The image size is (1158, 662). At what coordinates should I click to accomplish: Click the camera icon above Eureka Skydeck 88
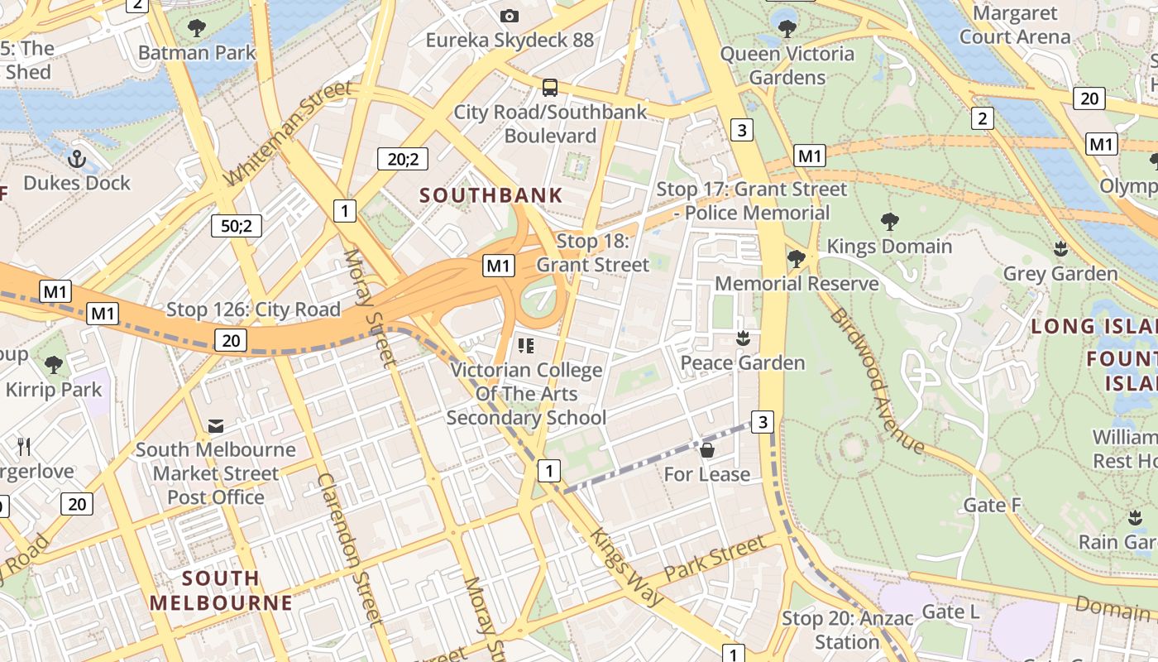pyautogui.click(x=510, y=16)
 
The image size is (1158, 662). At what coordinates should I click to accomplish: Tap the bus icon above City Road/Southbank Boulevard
pyautogui.click(x=549, y=87)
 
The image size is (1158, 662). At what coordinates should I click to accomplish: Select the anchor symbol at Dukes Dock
pyautogui.click(x=77, y=158)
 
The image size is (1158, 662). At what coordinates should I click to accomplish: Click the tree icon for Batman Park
pyautogui.click(x=197, y=28)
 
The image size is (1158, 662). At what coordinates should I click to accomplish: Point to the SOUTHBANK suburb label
pyautogui.click(x=491, y=196)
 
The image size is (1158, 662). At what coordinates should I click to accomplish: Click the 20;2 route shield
pyautogui.click(x=402, y=158)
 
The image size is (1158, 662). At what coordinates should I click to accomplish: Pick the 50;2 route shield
pyautogui.click(x=236, y=225)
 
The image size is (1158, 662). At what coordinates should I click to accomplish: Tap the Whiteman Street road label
pyautogui.click(x=288, y=134)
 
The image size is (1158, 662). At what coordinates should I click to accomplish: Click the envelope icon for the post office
pyautogui.click(x=216, y=426)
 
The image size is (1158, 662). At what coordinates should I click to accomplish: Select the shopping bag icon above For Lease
pyautogui.click(x=707, y=450)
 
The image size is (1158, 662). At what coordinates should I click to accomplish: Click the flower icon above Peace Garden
pyautogui.click(x=743, y=338)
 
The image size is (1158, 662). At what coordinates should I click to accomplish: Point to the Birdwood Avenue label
pyautogui.click(x=877, y=381)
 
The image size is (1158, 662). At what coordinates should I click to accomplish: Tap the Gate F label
pyautogui.click(x=992, y=505)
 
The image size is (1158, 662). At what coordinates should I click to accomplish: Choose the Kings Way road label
pyautogui.click(x=624, y=564)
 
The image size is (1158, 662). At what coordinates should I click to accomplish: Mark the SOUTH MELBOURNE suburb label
pyautogui.click(x=221, y=590)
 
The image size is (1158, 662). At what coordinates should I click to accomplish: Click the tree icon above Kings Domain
pyautogui.click(x=890, y=222)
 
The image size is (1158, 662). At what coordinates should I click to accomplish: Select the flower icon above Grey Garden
pyautogui.click(x=1060, y=249)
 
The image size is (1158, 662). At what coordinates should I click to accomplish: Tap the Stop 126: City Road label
pyautogui.click(x=253, y=310)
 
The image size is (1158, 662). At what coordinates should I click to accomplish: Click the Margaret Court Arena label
pyautogui.click(x=1015, y=25)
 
